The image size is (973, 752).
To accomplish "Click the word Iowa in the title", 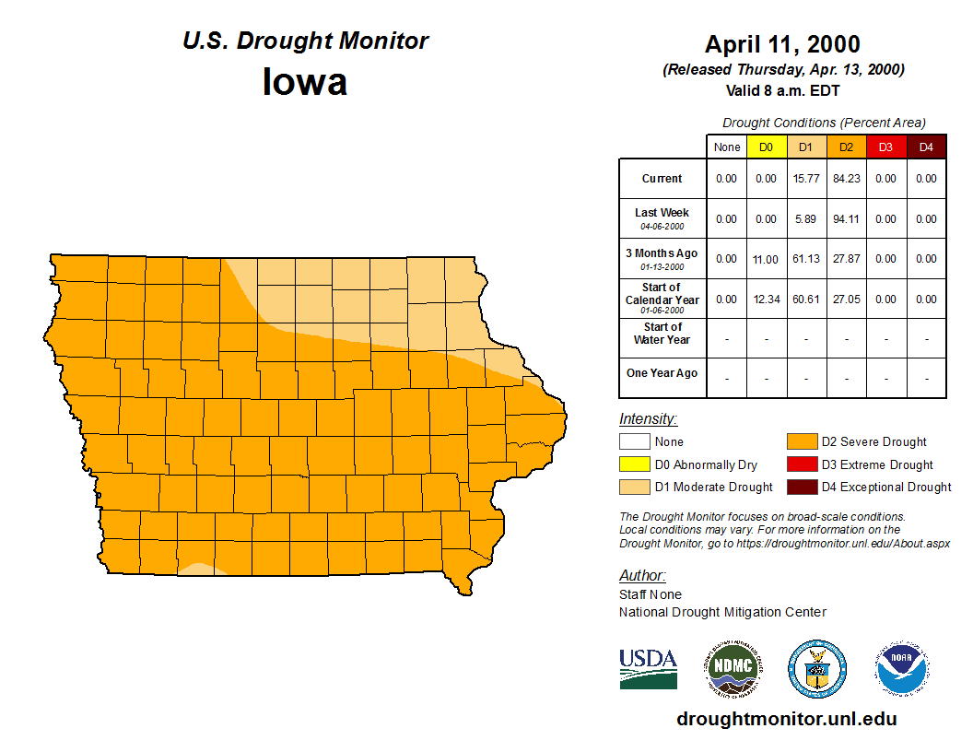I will [305, 82].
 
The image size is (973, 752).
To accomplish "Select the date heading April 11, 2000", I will [782, 44].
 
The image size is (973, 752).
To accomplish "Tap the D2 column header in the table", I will [846, 147].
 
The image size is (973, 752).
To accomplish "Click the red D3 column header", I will [885, 147].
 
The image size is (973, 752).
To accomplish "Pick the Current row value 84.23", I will [846, 179].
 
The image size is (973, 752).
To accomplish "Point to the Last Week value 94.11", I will [846, 219].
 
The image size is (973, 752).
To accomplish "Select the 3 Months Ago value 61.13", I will [806, 259].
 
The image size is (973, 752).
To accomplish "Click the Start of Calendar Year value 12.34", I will [767, 300].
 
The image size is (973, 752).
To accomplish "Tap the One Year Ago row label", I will [662, 373].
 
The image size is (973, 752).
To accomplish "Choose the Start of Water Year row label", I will [662, 333].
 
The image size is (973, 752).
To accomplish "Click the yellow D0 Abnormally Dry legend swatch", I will [635, 464].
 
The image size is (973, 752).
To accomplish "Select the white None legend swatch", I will [635, 442].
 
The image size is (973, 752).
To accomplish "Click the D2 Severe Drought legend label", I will [873, 442].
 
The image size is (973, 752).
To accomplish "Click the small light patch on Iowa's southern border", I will [197, 569].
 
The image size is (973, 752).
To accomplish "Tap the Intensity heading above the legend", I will [648, 419].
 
